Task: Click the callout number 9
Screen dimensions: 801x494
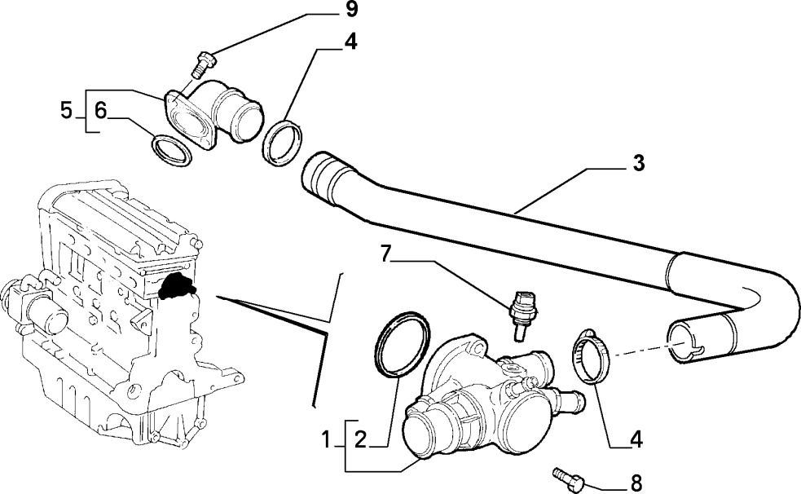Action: [351, 11]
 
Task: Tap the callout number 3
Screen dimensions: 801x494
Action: [639, 164]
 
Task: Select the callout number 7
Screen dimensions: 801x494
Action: [387, 254]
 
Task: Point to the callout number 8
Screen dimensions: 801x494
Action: [636, 483]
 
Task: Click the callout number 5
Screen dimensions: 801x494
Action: [66, 110]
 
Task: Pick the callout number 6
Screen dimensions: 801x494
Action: [101, 110]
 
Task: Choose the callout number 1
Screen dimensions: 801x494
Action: [327, 439]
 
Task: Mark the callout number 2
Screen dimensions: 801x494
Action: [361, 439]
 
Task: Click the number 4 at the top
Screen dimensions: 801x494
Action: [350, 42]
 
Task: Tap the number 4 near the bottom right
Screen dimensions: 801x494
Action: [636, 440]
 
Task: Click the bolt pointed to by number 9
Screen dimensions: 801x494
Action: [204, 64]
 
